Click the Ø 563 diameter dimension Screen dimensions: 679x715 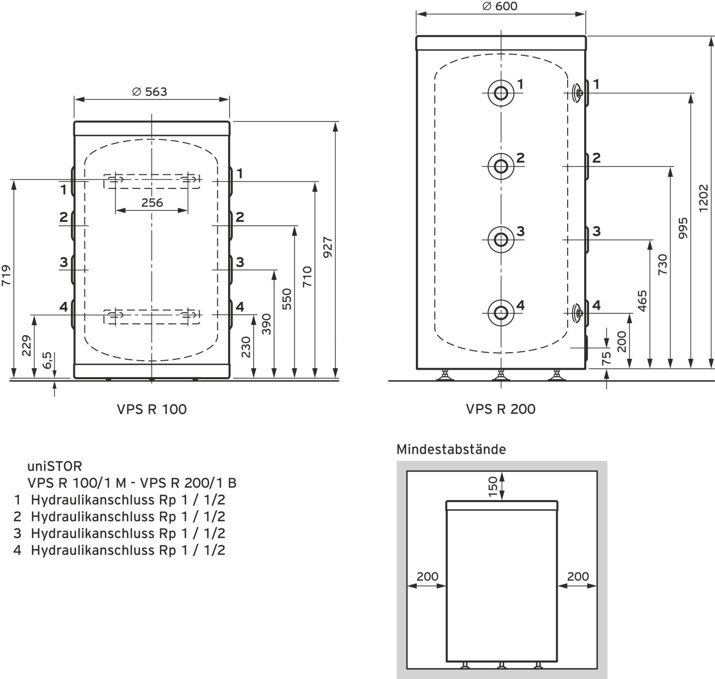[150, 92]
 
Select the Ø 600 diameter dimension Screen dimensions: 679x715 [500, 6]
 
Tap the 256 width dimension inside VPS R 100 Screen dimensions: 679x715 [152, 202]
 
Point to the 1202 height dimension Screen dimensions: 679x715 [704, 198]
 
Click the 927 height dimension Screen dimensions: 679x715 [328, 247]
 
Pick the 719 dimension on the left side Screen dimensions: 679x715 [6, 276]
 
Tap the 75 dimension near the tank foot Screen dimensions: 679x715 [606, 359]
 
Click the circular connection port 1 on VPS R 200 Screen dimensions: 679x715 [501, 92]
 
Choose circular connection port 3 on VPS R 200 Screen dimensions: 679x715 [501, 240]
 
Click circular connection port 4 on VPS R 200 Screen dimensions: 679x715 [501, 313]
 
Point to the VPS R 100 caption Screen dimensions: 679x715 [152, 409]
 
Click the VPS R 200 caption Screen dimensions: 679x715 [500, 409]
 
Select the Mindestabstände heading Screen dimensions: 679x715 [451, 449]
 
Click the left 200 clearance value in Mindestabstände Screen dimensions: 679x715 [427, 576]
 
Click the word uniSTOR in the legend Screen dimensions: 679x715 [54, 466]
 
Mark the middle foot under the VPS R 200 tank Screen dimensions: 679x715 [501, 375]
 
